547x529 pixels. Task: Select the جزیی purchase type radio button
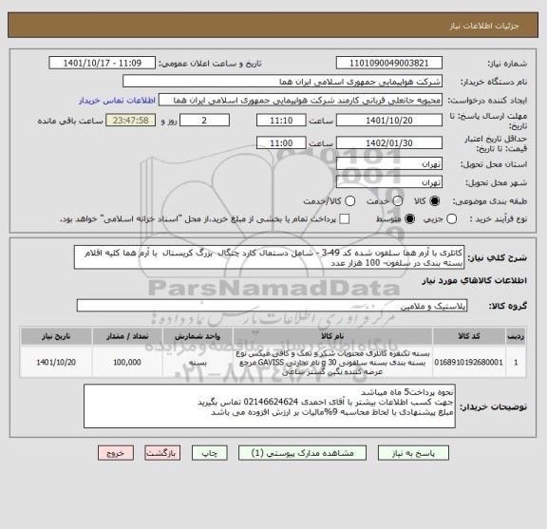tap(417, 219)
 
